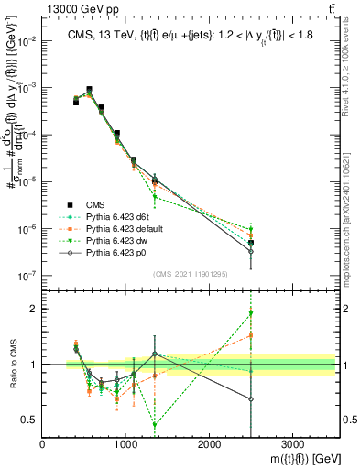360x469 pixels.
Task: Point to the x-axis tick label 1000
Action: point(125,445)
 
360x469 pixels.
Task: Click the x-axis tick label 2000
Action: point(209,445)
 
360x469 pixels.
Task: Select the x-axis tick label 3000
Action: point(292,445)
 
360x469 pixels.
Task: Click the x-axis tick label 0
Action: point(42,445)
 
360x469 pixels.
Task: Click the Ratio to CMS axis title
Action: point(11,365)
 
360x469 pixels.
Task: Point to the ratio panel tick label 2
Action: point(34,309)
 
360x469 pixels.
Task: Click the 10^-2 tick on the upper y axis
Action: point(27,41)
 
